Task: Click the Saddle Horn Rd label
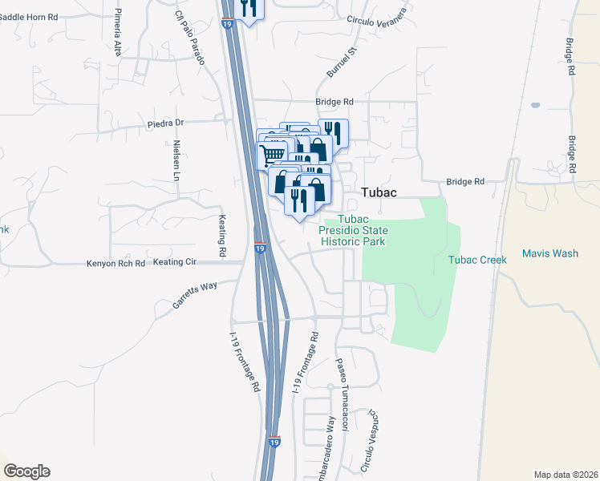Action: point(30,16)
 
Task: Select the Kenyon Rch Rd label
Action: point(116,263)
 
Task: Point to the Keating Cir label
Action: point(174,262)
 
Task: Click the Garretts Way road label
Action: point(195,294)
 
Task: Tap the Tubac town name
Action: point(379,192)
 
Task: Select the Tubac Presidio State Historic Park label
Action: point(353,230)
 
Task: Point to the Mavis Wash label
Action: point(549,253)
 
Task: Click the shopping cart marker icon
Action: point(272,153)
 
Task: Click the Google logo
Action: point(26,471)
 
